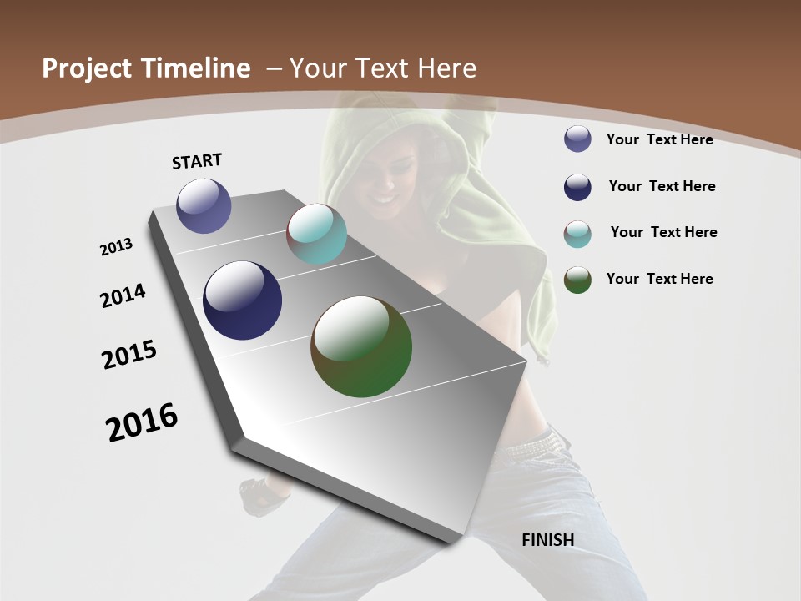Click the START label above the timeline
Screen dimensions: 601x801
pyautogui.click(x=197, y=161)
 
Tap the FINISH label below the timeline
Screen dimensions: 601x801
pyautogui.click(x=547, y=540)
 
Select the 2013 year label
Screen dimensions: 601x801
pyautogui.click(x=116, y=247)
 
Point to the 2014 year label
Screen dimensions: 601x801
pyautogui.click(x=123, y=296)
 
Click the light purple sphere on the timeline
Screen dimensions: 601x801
pyautogui.click(x=204, y=205)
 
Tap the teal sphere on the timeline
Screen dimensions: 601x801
pyautogui.click(x=316, y=233)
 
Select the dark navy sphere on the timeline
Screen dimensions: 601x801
pyautogui.click(x=242, y=300)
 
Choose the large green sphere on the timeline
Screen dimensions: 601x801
pyautogui.click(x=361, y=346)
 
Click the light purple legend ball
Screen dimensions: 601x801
pyautogui.click(x=577, y=139)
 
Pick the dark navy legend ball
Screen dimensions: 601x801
pyautogui.click(x=577, y=187)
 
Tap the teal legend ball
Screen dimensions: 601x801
pyautogui.click(x=577, y=234)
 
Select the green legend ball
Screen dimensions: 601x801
pyautogui.click(x=577, y=280)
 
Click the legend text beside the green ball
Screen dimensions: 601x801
pyautogui.click(x=659, y=279)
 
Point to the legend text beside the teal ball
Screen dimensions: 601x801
pyautogui.click(x=663, y=232)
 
